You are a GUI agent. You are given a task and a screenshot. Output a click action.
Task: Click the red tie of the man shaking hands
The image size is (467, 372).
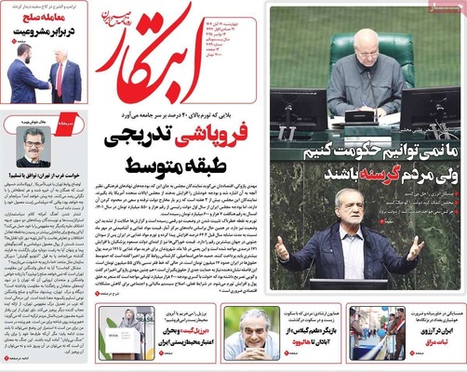coord(61,78)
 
